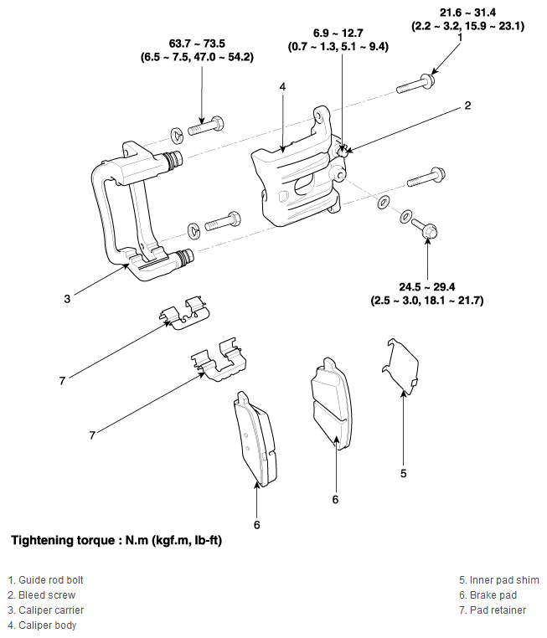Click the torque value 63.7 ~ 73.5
[197, 44]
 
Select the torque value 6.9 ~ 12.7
[338, 33]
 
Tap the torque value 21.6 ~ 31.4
[467, 13]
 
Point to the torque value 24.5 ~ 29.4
[427, 287]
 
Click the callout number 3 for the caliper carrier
[67, 299]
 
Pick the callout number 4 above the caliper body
[282, 86]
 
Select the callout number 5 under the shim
[403, 473]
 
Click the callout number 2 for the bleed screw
[467, 105]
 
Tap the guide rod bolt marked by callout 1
[415, 84]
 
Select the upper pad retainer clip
[183, 313]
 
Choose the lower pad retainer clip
[219, 360]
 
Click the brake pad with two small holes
[255, 440]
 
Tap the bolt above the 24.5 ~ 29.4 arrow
[424, 228]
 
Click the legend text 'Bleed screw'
[47, 594]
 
